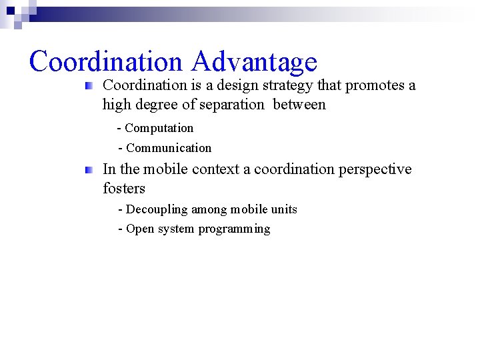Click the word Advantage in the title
click(x=253, y=61)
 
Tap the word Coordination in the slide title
click(x=105, y=61)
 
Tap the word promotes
click(x=375, y=85)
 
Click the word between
click(x=299, y=104)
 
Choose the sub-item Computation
click(x=159, y=128)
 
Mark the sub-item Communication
click(x=168, y=148)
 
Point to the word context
click(x=217, y=169)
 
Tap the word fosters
click(x=124, y=189)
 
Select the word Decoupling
click(x=157, y=209)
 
